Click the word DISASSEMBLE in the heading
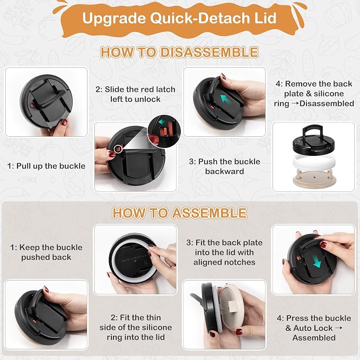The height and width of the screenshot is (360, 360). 209,52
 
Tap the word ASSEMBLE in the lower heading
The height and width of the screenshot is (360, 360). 209,213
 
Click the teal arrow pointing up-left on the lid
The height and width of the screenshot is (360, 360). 225,99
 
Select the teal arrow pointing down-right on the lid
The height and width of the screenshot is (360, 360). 317,261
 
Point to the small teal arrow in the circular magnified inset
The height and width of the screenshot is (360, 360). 162,122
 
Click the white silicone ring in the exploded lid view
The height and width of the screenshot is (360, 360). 314,163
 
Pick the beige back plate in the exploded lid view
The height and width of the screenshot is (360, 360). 314,179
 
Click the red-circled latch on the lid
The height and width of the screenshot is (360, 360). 118,149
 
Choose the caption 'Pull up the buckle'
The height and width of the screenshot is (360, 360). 46,166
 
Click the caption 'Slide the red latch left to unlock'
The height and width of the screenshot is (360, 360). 135,94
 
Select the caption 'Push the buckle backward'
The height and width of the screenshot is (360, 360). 225,166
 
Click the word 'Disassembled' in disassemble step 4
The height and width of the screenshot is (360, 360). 327,103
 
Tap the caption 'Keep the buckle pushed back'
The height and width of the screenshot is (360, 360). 46,252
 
